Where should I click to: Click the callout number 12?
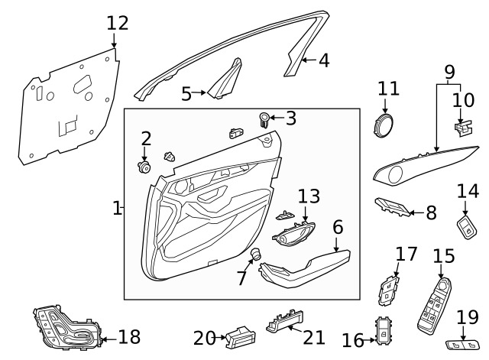click(117, 23)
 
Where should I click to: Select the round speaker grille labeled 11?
click(384, 125)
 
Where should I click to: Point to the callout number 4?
click(324, 60)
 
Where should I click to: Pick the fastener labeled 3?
click(264, 118)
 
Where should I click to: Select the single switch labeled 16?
click(383, 329)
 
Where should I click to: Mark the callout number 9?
click(449, 73)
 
